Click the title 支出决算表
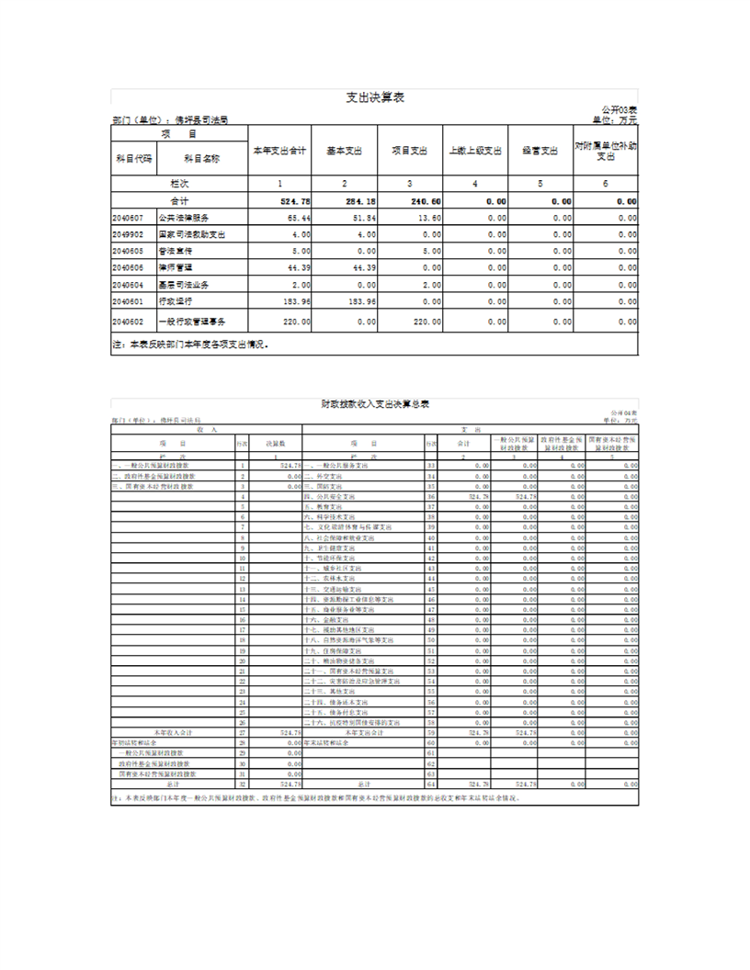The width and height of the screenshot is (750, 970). pyautogui.click(x=375, y=97)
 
